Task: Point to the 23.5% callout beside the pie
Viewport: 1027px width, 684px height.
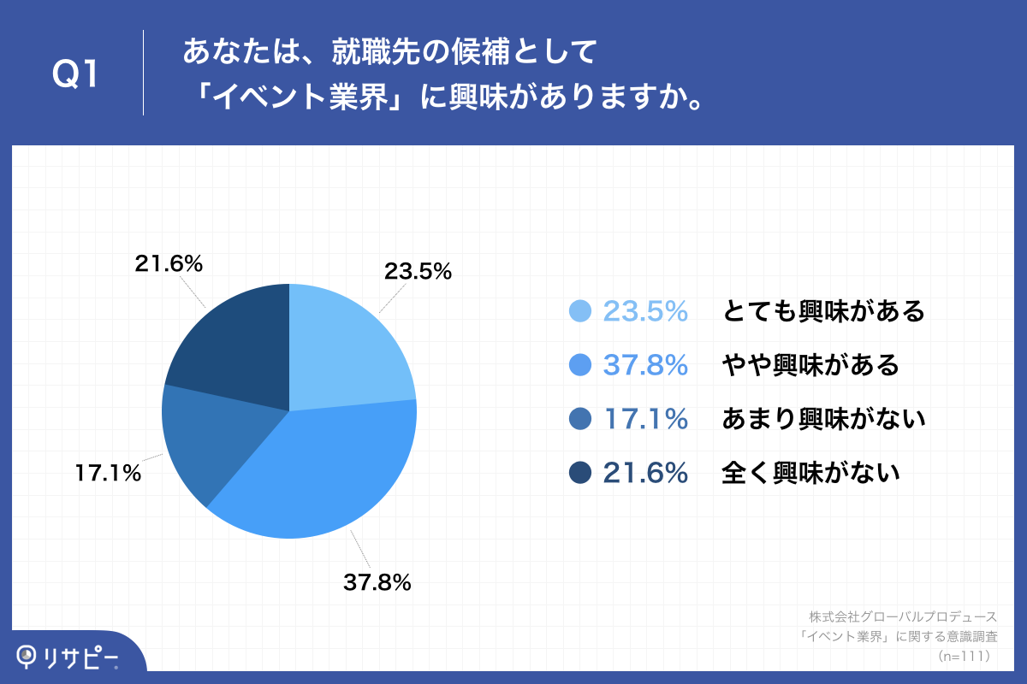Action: point(417,272)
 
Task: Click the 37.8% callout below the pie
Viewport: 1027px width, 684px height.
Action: point(377,583)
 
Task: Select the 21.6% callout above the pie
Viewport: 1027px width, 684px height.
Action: point(169,264)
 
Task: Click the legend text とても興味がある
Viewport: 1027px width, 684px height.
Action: point(823,311)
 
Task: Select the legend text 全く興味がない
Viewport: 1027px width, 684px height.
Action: point(810,472)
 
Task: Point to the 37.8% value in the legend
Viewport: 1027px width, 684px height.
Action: point(646,365)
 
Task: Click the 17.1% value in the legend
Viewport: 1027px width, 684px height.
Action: point(646,419)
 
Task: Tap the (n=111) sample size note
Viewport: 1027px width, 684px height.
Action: point(964,656)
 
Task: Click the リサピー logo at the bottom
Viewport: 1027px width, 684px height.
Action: point(68,656)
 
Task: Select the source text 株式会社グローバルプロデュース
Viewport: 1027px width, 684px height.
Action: point(903,616)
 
